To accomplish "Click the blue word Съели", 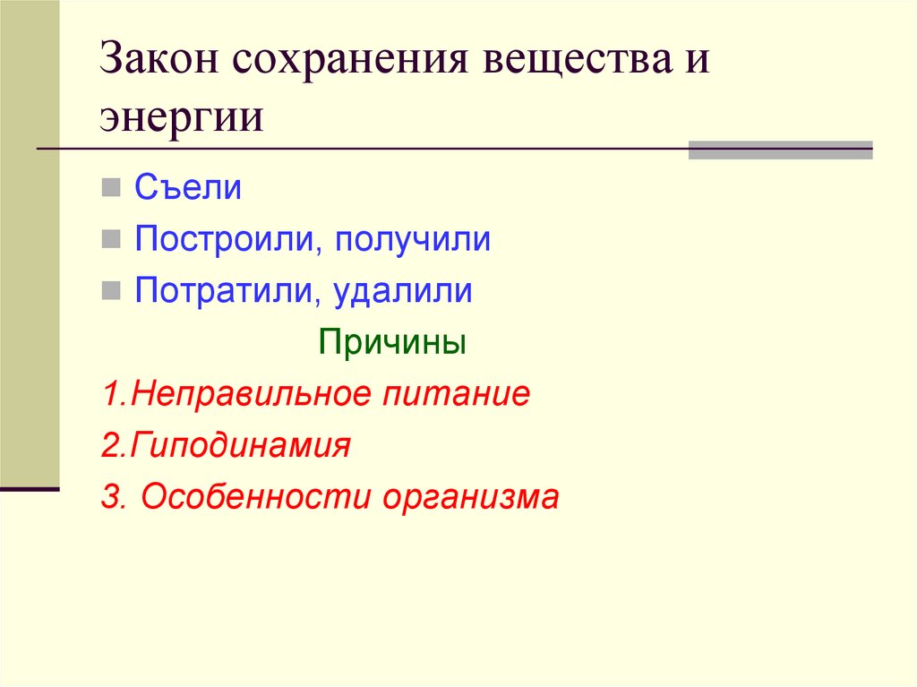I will point(188,188).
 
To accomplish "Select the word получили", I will point(413,239).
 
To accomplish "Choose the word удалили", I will point(404,291).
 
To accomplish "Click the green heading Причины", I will point(392,343).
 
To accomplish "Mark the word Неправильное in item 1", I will point(244,394).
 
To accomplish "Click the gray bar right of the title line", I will point(780,150).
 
